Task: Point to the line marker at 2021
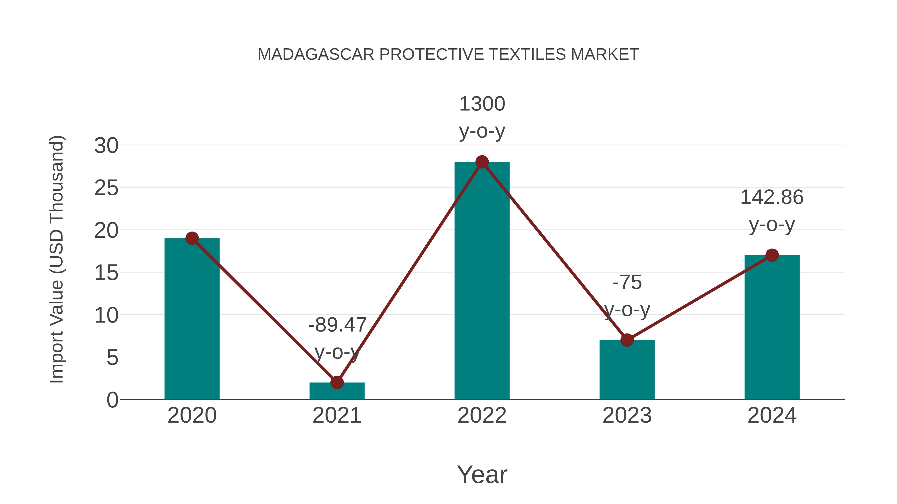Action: pyautogui.click(x=337, y=382)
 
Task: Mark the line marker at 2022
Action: pyautogui.click(x=482, y=162)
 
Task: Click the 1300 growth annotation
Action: pyautogui.click(x=482, y=104)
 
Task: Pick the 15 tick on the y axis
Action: pyautogui.click(x=106, y=273)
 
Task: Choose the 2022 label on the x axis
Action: pyautogui.click(x=482, y=415)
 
